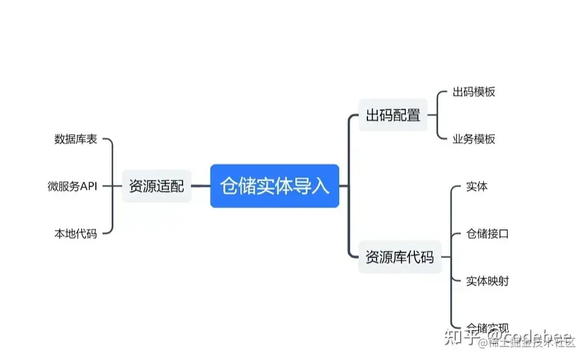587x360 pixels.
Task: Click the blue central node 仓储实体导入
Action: (275, 186)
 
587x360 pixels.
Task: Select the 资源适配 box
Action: (156, 186)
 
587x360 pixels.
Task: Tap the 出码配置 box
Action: (393, 115)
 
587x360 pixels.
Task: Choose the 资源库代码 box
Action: (399, 257)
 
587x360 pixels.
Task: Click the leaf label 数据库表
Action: (76, 139)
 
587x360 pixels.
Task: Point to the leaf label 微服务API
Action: (73, 186)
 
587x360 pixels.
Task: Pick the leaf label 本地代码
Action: (76, 233)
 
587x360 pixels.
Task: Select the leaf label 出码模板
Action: (474, 92)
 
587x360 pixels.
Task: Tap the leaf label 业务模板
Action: (474, 139)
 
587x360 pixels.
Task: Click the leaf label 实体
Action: (477, 186)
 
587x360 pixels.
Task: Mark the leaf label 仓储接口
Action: (487, 233)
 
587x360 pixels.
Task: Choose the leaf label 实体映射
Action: (487, 281)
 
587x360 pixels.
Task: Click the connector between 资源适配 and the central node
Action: (201, 186)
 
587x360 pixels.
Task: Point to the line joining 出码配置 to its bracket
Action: (432, 115)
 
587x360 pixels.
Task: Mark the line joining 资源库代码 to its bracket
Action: (445, 257)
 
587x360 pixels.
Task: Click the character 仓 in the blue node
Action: (228, 186)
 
